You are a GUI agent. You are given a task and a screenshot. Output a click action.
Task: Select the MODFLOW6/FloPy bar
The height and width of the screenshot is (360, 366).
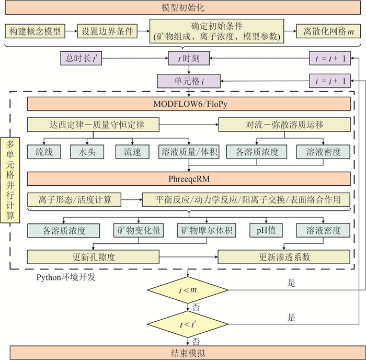point(188,104)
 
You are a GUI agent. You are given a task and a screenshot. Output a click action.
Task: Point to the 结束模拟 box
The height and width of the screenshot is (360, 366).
point(182,352)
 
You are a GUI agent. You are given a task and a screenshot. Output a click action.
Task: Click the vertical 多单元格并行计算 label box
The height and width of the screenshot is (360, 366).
point(10,179)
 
